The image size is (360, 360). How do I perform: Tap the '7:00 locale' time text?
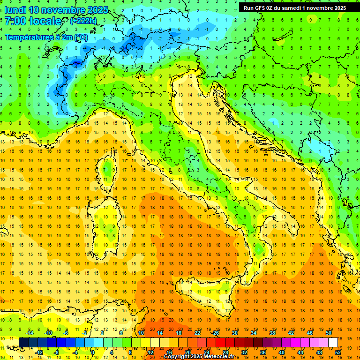(x=33, y=21)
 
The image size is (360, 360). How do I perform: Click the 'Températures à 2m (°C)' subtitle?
(x=46, y=37)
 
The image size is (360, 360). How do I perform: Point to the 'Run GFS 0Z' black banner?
(x=295, y=7)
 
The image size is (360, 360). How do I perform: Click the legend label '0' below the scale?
(x=92, y=352)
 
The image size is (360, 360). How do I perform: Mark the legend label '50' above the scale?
(x=329, y=333)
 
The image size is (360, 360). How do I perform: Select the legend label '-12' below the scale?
(x=39, y=352)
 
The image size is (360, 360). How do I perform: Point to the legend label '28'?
(x=225, y=352)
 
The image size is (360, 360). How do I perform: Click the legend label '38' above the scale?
(x=272, y=333)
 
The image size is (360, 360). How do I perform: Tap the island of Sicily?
(x=206, y=293)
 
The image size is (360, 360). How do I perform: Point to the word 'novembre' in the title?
(x=61, y=10)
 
